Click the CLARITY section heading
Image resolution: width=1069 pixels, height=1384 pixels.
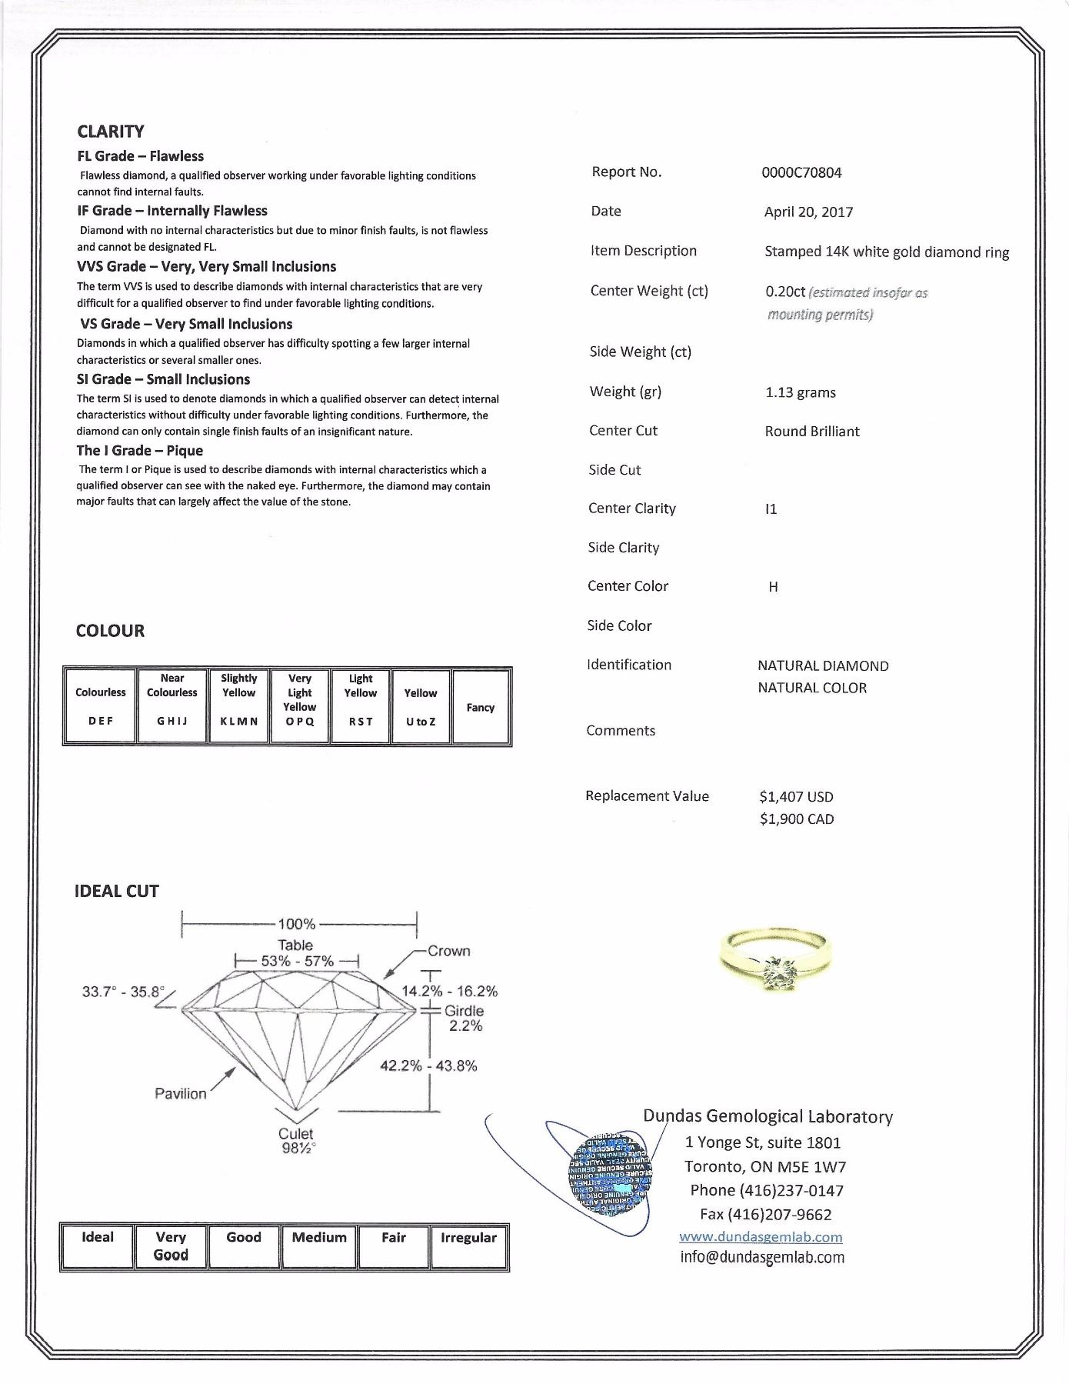tap(111, 132)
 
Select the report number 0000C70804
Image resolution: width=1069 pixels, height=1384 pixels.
tap(801, 173)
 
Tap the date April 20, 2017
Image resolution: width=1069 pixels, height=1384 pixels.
tap(808, 212)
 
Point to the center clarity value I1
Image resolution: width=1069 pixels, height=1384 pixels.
tap(771, 509)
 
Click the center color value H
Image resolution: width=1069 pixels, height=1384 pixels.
tap(773, 587)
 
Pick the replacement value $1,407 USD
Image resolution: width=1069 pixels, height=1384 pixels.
tap(796, 797)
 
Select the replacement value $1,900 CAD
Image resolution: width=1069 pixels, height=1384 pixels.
tap(796, 819)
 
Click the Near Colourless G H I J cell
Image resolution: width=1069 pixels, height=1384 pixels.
tap(172, 705)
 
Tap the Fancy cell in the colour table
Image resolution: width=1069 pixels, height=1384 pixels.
tap(481, 707)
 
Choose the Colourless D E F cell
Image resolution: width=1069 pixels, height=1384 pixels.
tap(101, 705)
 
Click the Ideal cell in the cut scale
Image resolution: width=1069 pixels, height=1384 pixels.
tap(98, 1246)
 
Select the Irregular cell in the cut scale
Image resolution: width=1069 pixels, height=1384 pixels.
tap(468, 1246)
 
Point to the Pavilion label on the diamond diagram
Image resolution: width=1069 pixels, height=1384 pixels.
tap(181, 1094)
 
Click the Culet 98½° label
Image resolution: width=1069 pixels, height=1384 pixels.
tap(296, 1141)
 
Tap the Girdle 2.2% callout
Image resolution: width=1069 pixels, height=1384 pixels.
tap(465, 1018)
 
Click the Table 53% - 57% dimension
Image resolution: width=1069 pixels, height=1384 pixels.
tap(297, 954)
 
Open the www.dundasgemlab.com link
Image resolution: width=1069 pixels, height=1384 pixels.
tap(761, 1237)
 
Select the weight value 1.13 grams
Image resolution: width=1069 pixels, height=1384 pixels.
tap(800, 393)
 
